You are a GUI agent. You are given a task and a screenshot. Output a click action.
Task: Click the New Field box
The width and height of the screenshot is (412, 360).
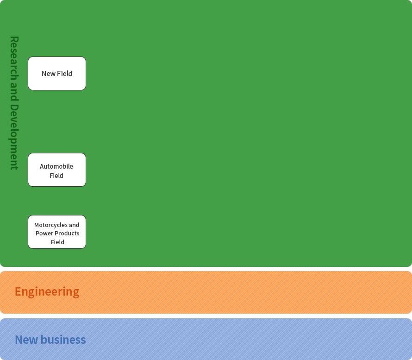pyautogui.click(x=57, y=73)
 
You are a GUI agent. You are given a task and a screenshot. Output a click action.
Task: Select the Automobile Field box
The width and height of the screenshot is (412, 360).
pyautogui.click(x=57, y=170)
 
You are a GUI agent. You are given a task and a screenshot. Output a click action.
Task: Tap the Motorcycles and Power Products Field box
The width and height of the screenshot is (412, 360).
pyautogui.click(x=57, y=232)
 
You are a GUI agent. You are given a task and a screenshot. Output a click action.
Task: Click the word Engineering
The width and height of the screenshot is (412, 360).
pyautogui.click(x=47, y=292)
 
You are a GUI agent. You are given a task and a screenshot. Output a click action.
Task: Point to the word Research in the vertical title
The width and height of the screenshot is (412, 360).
pyautogui.click(x=14, y=58)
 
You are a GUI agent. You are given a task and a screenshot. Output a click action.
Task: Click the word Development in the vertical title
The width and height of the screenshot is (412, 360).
pyautogui.click(x=14, y=137)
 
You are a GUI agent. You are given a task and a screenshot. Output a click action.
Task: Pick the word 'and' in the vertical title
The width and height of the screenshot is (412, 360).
pyautogui.click(x=14, y=92)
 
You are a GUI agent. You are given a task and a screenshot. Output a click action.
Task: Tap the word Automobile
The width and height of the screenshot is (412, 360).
pyautogui.click(x=56, y=166)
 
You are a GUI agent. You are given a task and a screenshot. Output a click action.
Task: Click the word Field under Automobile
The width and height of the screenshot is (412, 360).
pyautogui.click(x=56, y=176)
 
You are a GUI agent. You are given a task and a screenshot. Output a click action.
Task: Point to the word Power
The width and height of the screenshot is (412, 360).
pyautogui.click(x=44, y=233)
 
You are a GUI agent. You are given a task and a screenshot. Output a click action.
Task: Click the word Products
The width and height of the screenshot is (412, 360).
pyautogui.click(x=67, y=233)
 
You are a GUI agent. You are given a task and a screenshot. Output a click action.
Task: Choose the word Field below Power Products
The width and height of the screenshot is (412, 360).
pyautogui.click(x=57, y=242)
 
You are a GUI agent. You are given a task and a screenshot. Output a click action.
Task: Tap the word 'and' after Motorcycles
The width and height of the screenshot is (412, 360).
pyautogui.click(x=74, y=225)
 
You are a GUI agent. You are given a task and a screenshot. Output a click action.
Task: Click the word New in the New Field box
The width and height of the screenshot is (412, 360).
pyautogui.click(x=49, y=74)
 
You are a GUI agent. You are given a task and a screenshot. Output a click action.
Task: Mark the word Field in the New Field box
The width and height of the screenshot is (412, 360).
pyautogui.click(x=65, y=73)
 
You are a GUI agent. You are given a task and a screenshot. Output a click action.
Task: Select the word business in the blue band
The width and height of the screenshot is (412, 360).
pyautogui.click(x=63, y=340)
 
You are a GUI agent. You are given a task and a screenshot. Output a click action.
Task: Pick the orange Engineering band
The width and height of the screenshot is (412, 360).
pyautogui.click(x=206, y=292)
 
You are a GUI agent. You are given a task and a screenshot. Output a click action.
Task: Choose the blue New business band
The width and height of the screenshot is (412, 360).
pyautogui.click(x=206, y=339)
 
